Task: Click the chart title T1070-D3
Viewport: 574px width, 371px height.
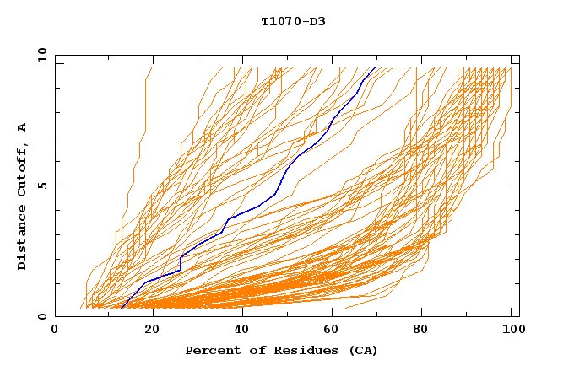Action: (293, 21)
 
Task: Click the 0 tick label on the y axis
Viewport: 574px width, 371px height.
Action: (42, 317)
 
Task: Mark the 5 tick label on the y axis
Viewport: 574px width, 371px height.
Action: (42, 185)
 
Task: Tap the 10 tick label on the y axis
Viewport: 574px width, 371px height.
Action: (40, 54)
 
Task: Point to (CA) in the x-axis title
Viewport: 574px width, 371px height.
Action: (360, 350)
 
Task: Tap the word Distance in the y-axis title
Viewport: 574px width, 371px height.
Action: (23, 239)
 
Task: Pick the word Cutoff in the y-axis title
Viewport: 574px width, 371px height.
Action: (23, 168)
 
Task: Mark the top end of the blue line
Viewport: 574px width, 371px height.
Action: (375, 67)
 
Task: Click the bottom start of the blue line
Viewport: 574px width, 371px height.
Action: (122, 309)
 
